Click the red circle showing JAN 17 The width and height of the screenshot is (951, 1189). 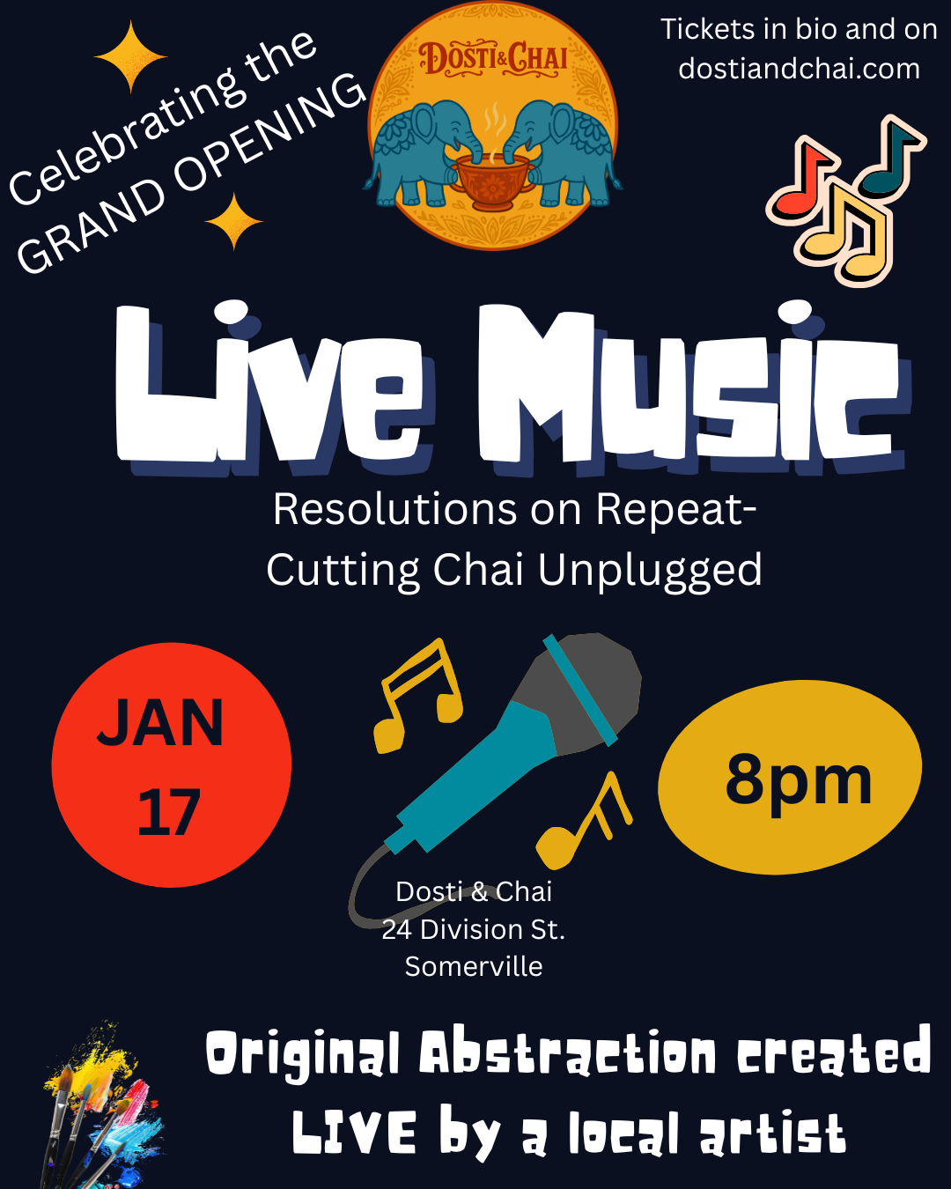172,764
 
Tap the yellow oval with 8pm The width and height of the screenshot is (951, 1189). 790,777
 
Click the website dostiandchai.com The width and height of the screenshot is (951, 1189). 799,69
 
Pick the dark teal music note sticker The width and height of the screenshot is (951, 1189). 889,158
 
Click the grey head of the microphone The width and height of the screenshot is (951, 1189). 580,691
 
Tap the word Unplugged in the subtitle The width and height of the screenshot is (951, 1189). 650,572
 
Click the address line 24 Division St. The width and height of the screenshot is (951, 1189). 474,929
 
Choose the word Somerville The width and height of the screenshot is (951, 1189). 474,967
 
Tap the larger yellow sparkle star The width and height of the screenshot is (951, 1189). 131,56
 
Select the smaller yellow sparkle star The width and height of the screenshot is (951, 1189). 233,222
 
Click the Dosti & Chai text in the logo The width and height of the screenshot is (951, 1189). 493,58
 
